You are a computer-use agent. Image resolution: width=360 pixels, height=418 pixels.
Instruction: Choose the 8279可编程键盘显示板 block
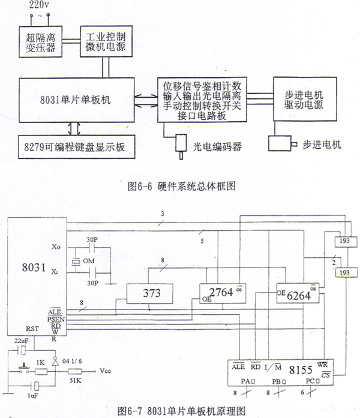click(73, 145)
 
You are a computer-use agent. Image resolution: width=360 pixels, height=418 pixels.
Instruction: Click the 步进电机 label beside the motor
click(320, 145)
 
